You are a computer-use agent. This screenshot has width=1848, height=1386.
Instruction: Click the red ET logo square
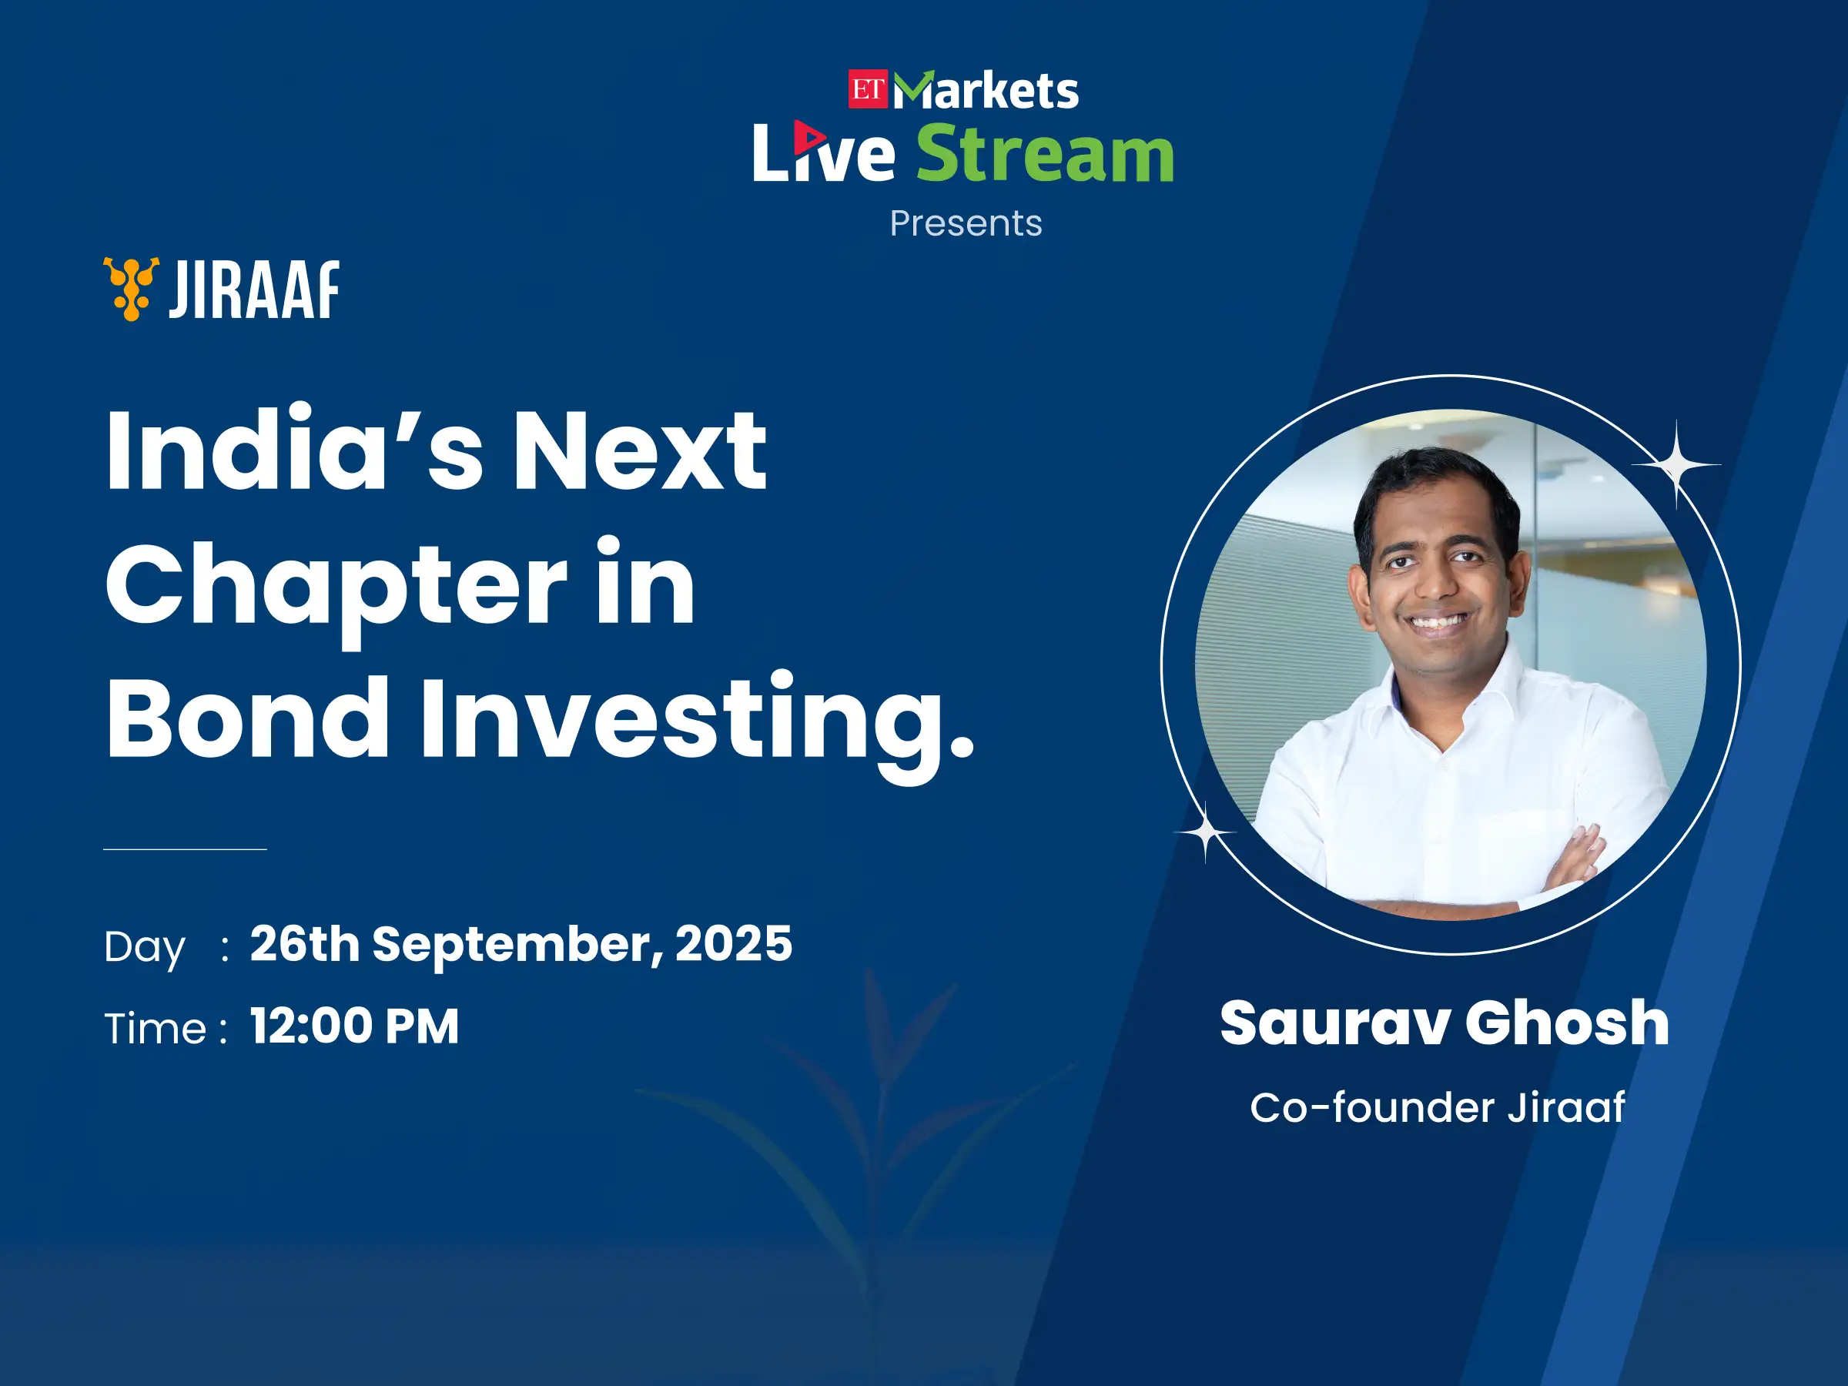(x=868, y=89)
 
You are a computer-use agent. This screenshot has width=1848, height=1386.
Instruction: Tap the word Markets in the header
(x=986, y=90)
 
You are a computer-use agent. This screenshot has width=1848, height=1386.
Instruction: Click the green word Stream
(x=1045, y=154)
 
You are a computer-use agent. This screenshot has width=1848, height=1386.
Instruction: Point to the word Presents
(x=966, y=223)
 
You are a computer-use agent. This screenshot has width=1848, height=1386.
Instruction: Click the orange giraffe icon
(x=131, y=289)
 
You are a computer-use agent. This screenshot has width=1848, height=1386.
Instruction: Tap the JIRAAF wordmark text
(x=254, y=289)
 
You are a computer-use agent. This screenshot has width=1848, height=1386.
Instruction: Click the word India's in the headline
(x=294, y=449)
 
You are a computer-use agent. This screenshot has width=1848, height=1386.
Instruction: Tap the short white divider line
(x=185, y=849)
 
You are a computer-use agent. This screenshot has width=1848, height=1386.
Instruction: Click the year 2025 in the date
(x=734, y=943)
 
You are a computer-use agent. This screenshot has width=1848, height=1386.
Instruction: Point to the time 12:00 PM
(x=354, y=1026)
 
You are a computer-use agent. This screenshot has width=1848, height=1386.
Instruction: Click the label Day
(x=145, y=948)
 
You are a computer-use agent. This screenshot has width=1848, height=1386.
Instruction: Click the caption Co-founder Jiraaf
(x=1437, y=1108)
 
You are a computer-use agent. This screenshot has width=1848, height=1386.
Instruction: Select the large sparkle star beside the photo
(x=1676, y=464)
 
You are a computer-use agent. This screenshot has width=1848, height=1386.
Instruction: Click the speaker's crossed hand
(x=1574, y=862)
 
